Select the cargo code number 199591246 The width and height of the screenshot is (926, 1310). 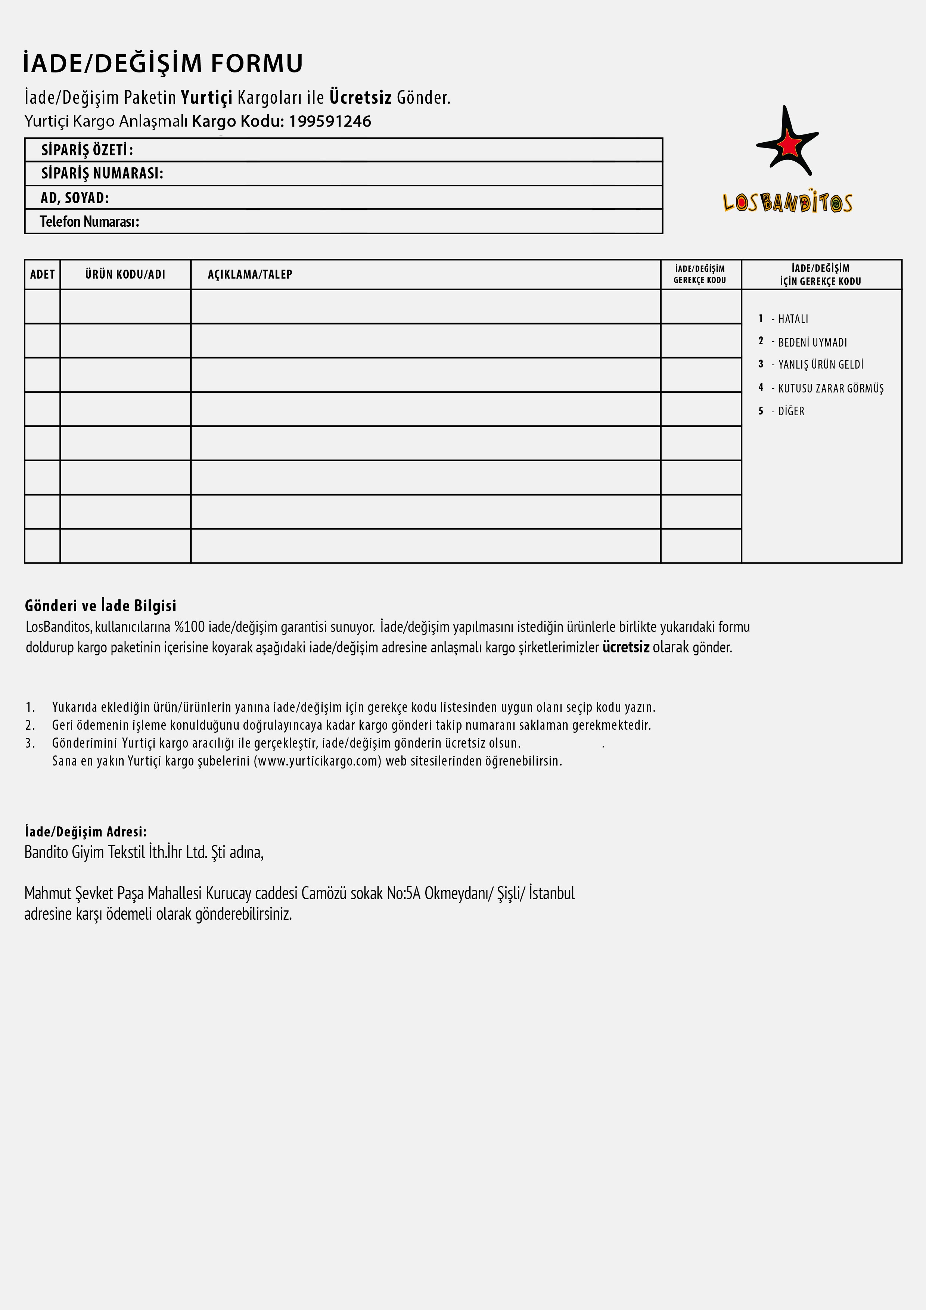point(330,121)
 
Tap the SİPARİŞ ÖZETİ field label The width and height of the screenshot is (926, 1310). point(87,150)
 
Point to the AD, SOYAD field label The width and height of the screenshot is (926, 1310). point(74,198)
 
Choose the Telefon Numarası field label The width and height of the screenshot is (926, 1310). point(89,221)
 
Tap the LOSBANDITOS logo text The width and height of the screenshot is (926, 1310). point(787,202)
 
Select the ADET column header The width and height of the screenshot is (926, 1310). point(42,274)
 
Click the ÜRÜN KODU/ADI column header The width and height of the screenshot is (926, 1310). point(125,274)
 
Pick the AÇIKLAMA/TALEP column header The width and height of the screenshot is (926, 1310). point(249,274)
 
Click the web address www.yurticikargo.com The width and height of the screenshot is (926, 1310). point(317,761)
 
